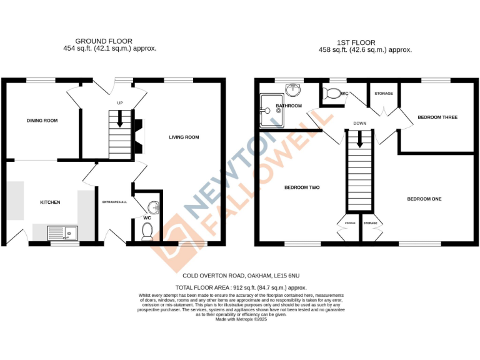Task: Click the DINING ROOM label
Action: [x=42, y=120]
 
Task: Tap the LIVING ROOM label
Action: [x=184, y=137]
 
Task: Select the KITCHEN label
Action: [x=50, y=202]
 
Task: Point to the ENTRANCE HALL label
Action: [x=114, y=202]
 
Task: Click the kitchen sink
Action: [x=62, y=233]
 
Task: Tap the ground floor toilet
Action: [x=147, y=232]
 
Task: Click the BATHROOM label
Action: [x=290, y=106]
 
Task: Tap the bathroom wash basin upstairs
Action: [x=292, y=90]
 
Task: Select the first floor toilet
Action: [x=334, y=94]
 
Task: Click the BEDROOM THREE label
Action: [x=437, y=117]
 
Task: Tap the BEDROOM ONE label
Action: [x=424, y=199]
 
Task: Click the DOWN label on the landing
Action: [x=359, y=123]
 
